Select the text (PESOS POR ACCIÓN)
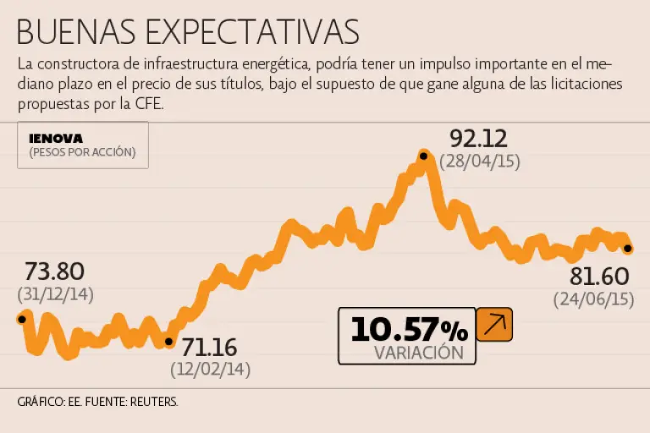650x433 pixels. click(82, 153)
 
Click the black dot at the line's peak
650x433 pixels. click(423, 155)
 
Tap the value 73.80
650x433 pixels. click(54, 271)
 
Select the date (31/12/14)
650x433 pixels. click(55, 294)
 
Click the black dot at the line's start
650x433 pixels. click(21, 319)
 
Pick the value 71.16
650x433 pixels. click(210, 348)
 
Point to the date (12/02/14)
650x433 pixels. click(210, 370)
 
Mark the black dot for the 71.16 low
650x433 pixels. click(168, 343)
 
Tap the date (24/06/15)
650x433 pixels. click(595, 299)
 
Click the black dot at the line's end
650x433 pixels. click(627, 249)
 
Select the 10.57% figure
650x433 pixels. click(409, 329)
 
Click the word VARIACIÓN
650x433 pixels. click(419, 353)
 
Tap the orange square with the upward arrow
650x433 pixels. click(494, 325)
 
